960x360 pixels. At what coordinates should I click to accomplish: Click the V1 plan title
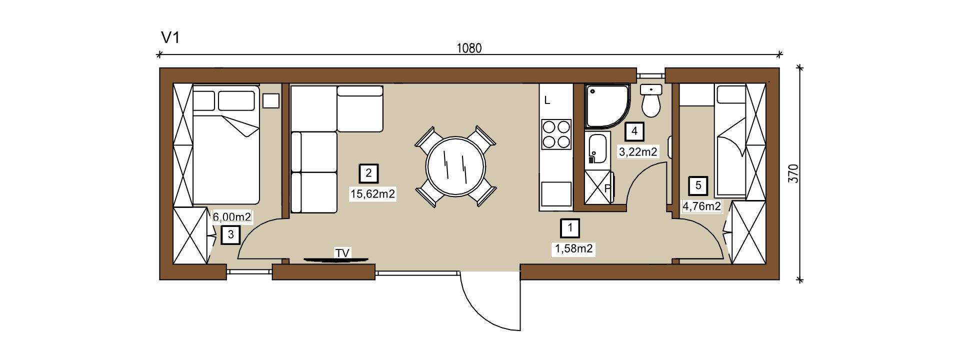[x=170, y=37]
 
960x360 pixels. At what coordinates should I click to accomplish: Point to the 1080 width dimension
[x=469, y=48]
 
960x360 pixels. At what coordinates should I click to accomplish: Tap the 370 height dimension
[x=793, y=173]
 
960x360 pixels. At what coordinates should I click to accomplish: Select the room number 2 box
[x=369, y=173]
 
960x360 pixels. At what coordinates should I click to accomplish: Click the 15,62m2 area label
[x=373, y=194]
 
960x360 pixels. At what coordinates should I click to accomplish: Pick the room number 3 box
[x=230, y=234]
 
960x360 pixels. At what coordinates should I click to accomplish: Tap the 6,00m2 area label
[x=232, y=217]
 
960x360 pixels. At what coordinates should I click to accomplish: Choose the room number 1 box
[x=570, y=228]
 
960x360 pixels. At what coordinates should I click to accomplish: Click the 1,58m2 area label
[x=574, y=248]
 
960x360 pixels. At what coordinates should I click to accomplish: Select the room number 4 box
[x=634, y=131]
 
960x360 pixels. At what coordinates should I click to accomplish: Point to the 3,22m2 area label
[x=638, y=151]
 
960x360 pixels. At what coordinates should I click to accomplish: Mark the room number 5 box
[x=698, y=186]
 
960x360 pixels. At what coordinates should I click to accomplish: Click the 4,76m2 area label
[x=702, y=206]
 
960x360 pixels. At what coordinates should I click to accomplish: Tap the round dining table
[x=455, y=166]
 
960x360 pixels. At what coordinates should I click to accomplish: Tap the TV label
[x=342, y=253]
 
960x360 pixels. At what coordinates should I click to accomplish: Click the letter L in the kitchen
[x=547, y=100]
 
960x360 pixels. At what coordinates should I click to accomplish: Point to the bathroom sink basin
[x=597, y=148]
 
